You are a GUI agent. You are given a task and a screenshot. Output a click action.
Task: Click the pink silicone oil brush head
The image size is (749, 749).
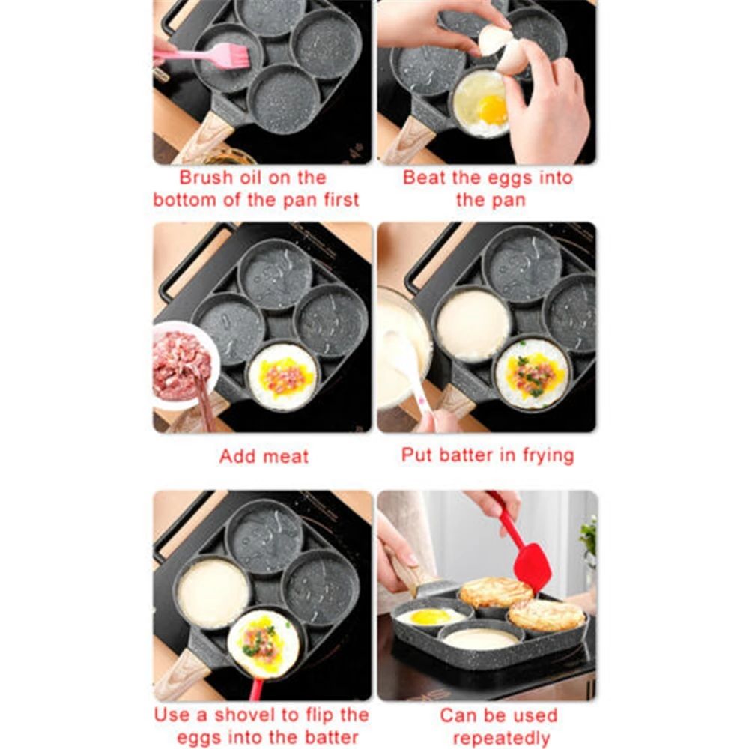pos(231,56)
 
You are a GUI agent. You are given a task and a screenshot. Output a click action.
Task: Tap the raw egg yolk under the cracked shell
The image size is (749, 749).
pos(492,109)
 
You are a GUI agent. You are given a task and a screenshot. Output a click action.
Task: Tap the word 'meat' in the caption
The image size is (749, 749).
pos(285,457)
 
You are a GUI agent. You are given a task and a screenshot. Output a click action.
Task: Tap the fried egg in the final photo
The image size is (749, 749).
pos(430,616)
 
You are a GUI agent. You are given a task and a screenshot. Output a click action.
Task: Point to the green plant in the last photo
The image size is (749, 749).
pos(589,536)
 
